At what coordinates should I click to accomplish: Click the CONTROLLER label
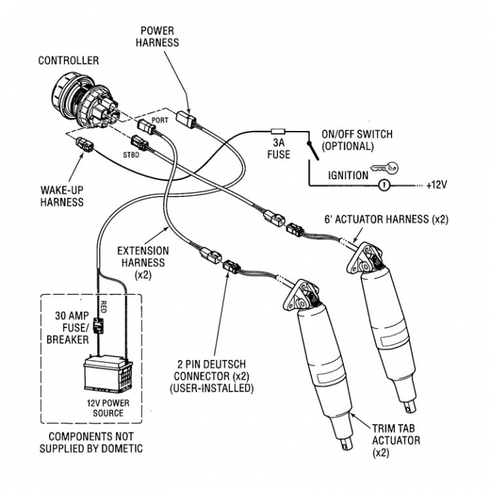tap(68, 61)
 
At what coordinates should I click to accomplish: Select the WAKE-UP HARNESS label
tap(61, 196)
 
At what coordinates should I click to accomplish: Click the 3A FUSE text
tap(278, 149)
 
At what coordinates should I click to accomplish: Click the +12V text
tap(436, 185)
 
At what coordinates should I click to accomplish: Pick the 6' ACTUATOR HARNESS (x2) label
tap(386, 220)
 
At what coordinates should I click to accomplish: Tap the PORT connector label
tap(160, 119)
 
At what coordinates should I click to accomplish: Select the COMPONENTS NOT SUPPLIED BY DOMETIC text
tap(91, 443)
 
